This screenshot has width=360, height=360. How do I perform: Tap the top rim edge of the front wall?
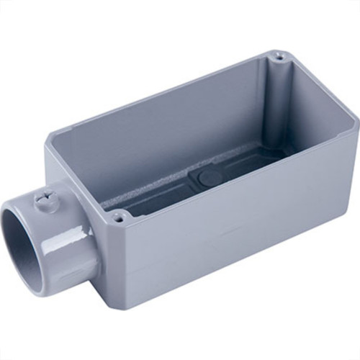coord(238,176)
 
